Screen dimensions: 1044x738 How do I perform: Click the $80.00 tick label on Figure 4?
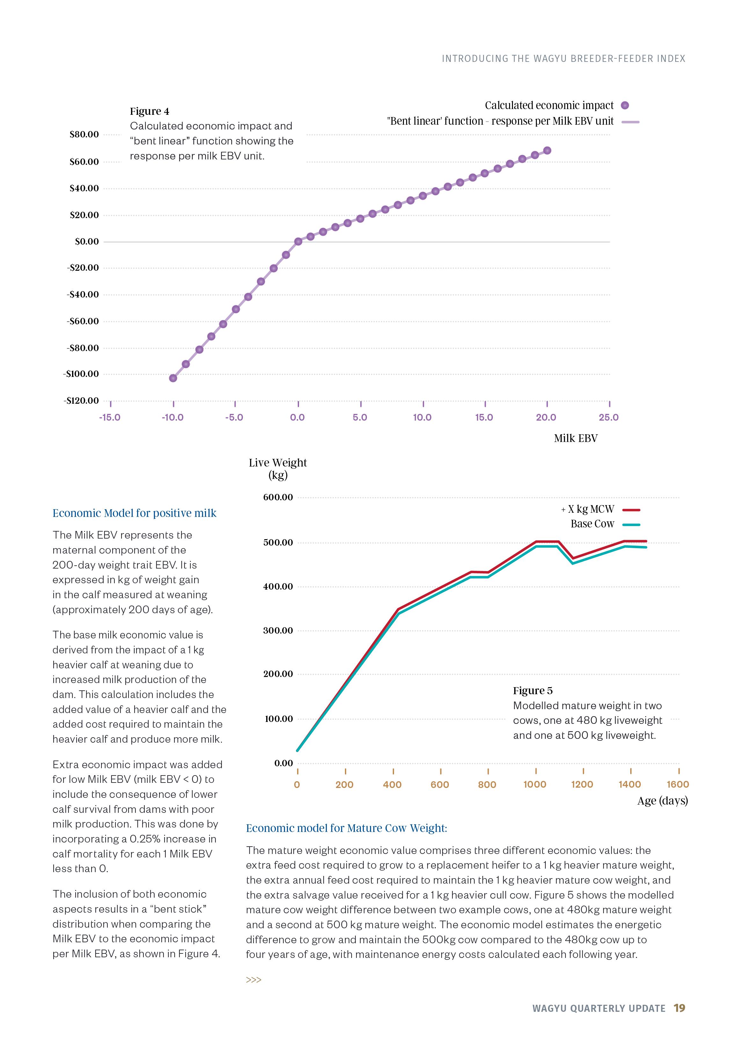84,135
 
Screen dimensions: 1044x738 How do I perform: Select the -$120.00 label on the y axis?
81,401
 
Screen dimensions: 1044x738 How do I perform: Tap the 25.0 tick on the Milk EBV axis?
608,417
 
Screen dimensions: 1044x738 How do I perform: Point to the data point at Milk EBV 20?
547,151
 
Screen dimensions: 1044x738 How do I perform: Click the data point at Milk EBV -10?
173,378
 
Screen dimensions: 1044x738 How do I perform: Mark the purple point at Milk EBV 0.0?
298,241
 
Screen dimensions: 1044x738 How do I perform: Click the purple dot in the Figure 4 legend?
625,106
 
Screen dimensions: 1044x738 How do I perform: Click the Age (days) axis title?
662,801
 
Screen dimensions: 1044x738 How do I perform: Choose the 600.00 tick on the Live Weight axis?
278,497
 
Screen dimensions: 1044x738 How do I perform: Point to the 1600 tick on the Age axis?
677,784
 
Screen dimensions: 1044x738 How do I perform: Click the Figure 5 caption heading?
532,691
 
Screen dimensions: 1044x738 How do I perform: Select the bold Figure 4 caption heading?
149,111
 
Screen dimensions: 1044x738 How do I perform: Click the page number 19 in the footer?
679,1008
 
